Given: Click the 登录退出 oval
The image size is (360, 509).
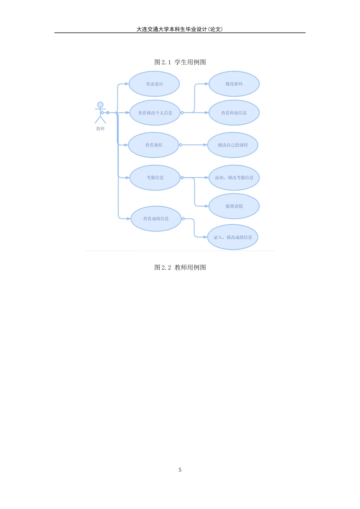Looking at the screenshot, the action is pos(154,84).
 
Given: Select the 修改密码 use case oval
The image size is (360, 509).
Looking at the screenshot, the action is pos(234,84).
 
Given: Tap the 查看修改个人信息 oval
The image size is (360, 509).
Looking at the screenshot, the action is pos(155,113).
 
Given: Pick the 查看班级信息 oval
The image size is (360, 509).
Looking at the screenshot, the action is pos(234,113).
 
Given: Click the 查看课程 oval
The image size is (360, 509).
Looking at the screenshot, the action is pos(154,145).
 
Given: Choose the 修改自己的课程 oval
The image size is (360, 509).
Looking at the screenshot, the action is pos(233,145).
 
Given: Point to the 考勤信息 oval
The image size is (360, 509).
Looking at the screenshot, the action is pos(155,178).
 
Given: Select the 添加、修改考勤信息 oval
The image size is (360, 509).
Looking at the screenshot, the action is pos(234,178).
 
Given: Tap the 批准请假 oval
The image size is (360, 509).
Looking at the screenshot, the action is pos(234,206).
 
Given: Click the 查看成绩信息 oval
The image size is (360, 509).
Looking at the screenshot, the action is pos(156,219).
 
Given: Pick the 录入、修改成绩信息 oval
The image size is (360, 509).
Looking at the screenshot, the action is pos(233,237).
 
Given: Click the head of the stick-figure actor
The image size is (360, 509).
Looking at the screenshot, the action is pos(100,105).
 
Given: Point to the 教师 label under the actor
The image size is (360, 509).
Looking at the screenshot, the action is pos(100,129).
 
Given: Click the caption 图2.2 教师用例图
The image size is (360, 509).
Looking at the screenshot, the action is pos(180,267).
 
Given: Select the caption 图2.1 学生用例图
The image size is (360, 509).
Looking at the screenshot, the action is pos(180,62).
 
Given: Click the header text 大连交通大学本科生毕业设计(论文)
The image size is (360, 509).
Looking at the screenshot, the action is pos(179,29).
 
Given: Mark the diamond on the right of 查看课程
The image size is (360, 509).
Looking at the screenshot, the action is pos(181,145).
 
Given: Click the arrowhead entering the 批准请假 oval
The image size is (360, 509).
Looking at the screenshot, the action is pos(207,206).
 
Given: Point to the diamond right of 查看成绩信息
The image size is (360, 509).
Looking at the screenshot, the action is pos(183,219).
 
